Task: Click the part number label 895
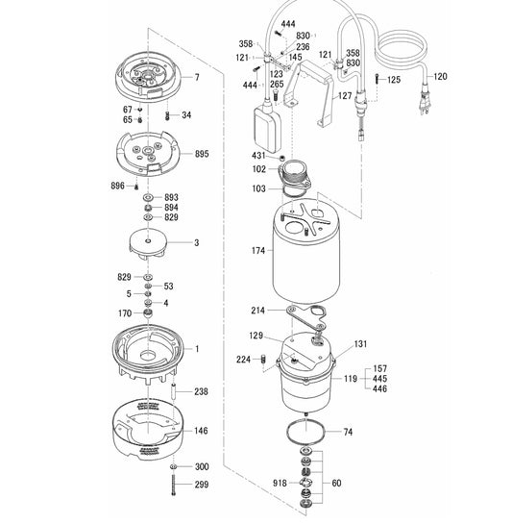(201, 154)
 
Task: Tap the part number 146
(201, 432)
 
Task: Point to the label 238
(201, 391)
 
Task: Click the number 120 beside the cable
(440, 77)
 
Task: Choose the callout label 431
(257, 156)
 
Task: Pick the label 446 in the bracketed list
(353, 391)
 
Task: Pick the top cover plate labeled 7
(149, 77)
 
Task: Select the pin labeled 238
(175, 392)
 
